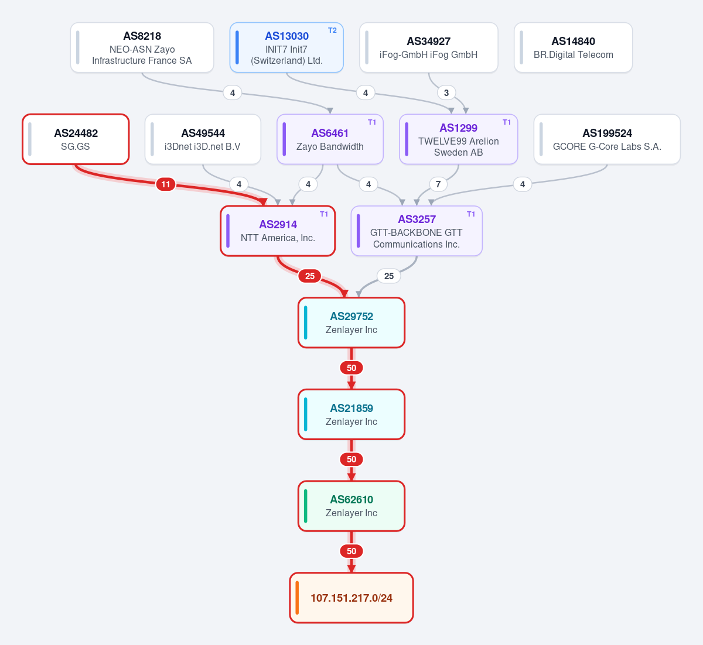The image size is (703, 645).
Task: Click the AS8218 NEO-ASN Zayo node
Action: [x=142, y=47]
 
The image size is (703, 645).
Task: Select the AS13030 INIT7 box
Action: [x=286, y=47]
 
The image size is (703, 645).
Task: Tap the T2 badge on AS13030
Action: [x=332, y=30]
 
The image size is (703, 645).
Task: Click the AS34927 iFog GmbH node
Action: [x=429, y=47]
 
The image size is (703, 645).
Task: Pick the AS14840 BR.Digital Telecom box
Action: [x=574, y=47]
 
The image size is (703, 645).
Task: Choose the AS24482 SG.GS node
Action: [x=76, y=139]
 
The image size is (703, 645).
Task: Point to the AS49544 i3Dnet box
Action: [x=203, y=139]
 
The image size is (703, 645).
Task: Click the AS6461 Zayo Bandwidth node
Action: [x=330, y=139]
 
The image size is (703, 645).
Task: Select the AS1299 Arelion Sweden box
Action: [x=458, y=139]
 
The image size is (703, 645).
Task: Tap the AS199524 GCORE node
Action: [x=607, y=139]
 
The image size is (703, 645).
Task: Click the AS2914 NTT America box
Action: [x=278, y=231]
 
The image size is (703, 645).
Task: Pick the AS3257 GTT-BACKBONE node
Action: [x=417, y=231]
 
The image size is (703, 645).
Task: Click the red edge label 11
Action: [x=166, y=184]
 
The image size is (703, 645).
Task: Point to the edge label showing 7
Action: [x=438, y=184]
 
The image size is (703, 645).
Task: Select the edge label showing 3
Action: [x=446, y=93]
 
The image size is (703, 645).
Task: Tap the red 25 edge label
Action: [x=310, y=276]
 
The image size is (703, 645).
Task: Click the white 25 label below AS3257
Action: [x=389, y=276]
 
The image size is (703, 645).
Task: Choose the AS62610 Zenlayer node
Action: [x=351, y=506]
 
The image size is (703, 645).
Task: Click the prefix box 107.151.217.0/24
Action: [x=351, y=598]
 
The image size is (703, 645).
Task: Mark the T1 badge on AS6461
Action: [x=372, y=122]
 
